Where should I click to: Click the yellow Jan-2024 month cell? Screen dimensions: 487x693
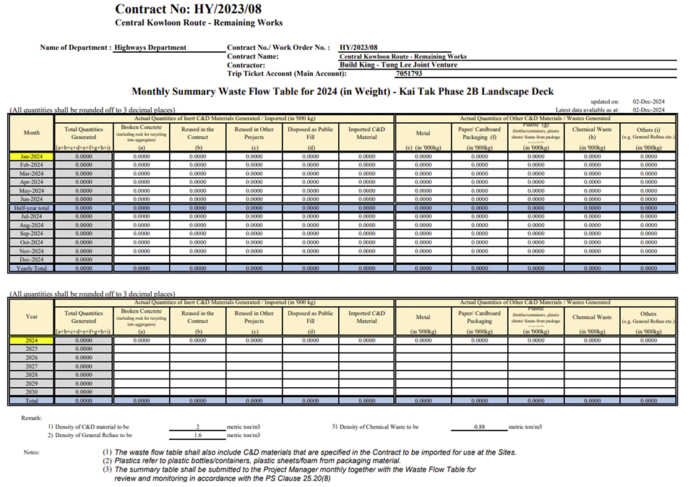tap(32, 156)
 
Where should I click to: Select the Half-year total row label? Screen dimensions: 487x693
tap(32, 208)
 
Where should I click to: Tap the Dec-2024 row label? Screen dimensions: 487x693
tap(32, 259)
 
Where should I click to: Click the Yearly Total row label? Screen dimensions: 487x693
tap(32, 268)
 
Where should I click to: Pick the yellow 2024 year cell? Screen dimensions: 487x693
tap(32, 339)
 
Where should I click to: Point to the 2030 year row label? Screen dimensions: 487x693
tap(32, 391)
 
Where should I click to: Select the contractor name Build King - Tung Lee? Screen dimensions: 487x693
tap(398, 64)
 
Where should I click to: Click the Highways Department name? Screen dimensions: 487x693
tap(150, 48)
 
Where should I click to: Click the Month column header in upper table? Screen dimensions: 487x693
tap(32, 133)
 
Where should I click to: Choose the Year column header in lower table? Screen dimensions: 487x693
tap(32, 316)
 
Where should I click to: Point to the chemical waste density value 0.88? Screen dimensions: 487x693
tap(479, 427)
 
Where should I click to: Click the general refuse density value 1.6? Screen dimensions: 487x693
tap(197, 436)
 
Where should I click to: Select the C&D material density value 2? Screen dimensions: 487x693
tap(197, 427)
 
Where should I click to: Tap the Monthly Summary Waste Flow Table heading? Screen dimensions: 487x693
tap(343, 91)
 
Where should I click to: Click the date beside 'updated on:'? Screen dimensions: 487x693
tap(648, 102)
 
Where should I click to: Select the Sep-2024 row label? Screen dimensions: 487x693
tap(32, 233)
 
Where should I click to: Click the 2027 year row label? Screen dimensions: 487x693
tap(32, 365)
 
